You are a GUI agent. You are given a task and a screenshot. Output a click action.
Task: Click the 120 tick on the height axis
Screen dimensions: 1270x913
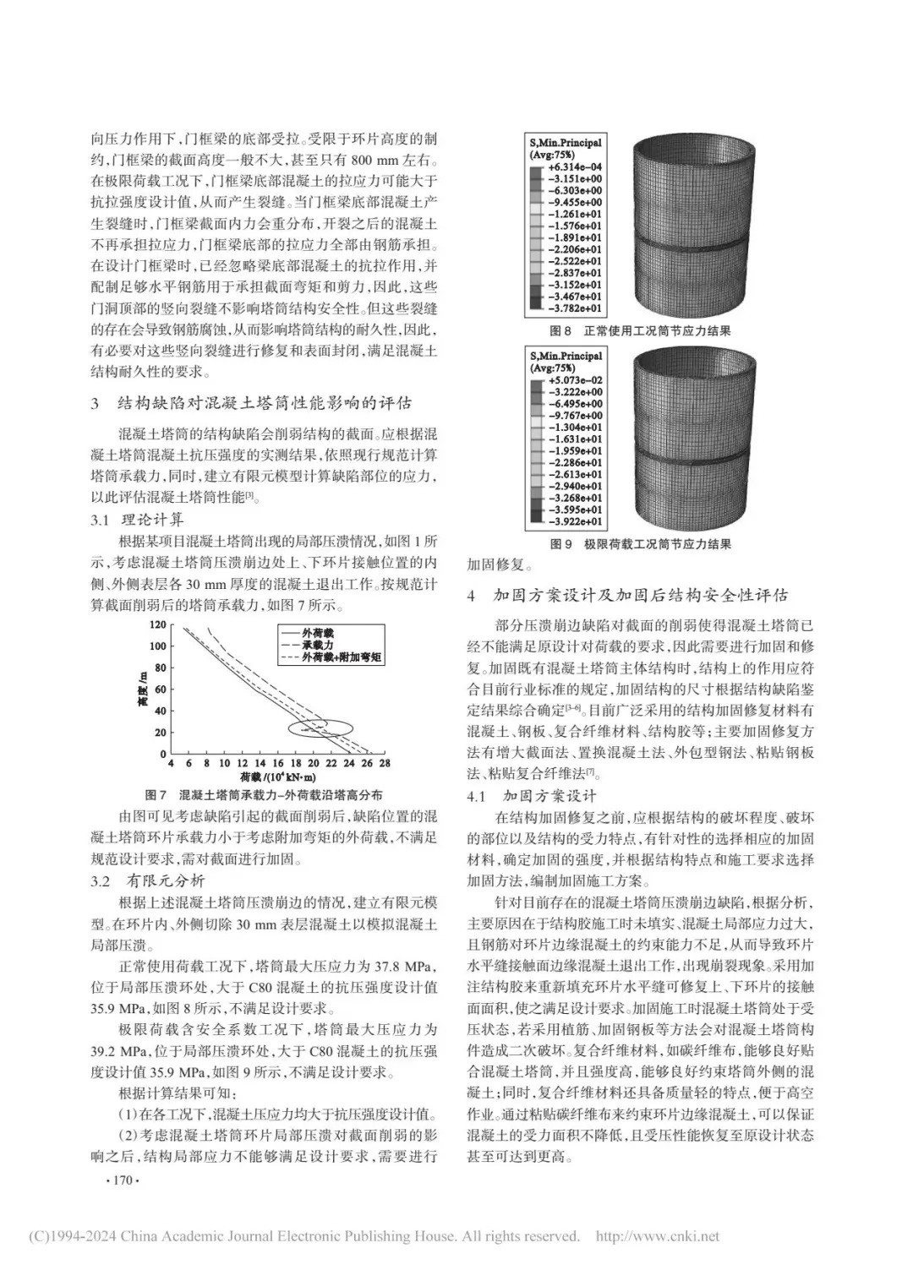158,625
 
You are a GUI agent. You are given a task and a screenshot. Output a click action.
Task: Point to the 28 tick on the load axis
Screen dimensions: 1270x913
384,763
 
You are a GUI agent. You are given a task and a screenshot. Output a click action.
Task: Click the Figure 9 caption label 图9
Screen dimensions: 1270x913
561,544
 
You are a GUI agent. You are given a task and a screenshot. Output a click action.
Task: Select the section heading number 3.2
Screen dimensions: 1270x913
101,881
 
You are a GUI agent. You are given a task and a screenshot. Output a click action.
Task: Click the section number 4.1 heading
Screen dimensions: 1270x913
477,796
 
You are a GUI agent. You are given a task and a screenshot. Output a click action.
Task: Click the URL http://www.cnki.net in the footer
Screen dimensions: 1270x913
658,1236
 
